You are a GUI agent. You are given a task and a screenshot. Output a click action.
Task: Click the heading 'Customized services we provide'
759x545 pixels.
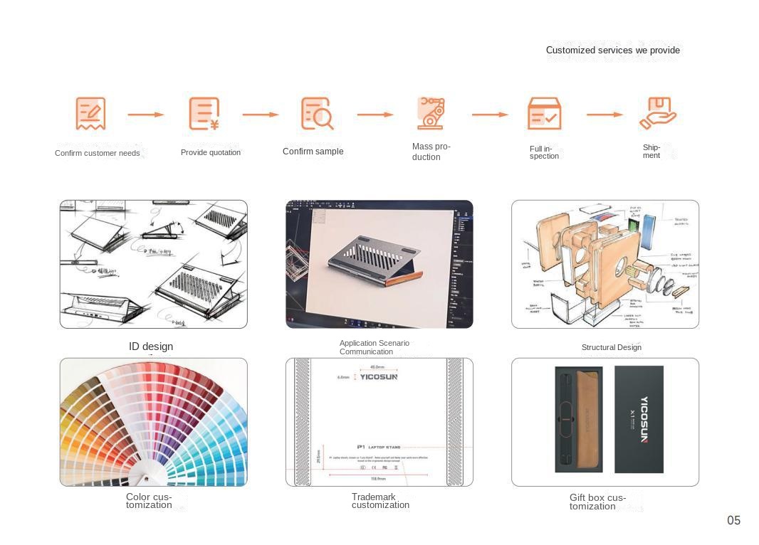(612, 50)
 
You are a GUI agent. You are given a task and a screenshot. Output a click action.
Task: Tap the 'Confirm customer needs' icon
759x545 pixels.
(90, 114)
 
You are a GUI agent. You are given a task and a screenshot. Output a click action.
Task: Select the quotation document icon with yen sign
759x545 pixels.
(204, 114)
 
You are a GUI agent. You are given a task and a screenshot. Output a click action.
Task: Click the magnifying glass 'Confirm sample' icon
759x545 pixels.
(317, 114)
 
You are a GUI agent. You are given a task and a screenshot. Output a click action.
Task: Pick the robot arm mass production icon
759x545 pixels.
(431, 112)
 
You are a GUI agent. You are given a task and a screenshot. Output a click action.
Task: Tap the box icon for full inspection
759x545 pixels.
(545, 114)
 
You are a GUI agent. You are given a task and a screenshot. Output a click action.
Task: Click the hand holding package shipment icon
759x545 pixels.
(657, 113)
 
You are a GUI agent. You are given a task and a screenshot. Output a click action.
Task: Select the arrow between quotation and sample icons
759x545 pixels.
(260, 114)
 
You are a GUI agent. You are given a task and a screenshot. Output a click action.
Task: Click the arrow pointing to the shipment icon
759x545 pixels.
(604, 114)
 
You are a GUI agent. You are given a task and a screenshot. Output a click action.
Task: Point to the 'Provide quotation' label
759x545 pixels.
(211, 152)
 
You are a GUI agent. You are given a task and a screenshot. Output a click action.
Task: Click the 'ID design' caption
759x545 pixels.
(151, 346)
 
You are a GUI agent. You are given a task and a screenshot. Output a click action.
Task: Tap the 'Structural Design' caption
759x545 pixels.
(611, 347)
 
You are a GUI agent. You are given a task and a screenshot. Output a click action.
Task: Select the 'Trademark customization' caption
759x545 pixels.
(380, 501)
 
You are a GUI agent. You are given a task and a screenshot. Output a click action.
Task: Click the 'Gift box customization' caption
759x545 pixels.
(597, 502)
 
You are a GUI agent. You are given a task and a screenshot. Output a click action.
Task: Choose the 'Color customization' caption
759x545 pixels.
(149, 501)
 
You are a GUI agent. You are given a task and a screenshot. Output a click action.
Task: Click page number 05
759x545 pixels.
(733, 520)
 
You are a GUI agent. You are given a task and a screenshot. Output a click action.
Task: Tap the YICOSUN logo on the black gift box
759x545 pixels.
(644, 419)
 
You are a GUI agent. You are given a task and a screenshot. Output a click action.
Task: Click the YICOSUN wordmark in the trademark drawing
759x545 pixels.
(378, 377)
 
